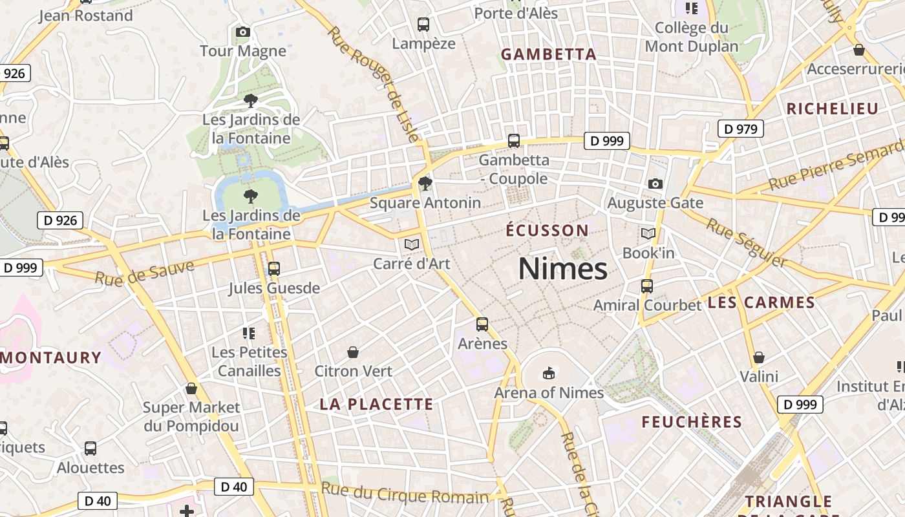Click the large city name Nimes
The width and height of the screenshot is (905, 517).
pos(563,269)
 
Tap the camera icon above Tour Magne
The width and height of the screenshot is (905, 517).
pos(243,32)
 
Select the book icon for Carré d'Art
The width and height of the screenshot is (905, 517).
pos(412,245)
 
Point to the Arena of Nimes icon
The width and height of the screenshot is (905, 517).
pos(549,373)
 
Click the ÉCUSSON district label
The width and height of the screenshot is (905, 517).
pos(547,231)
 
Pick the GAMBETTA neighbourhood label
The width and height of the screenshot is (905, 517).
pos(549,55)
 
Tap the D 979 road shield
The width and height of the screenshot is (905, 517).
pos(740,129)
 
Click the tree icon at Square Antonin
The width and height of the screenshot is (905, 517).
pos(425,184)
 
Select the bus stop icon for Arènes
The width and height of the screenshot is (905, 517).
pos(482,324)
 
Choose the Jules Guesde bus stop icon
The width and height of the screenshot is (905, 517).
pos(274,268)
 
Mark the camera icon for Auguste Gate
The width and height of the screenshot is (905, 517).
pos(655,184)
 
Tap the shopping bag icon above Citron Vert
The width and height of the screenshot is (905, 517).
pos(353,352)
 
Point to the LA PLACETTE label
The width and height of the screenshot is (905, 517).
pos(376,405)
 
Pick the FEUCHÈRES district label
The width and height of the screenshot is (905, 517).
pos(692,423)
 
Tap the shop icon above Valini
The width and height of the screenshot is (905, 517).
pos(759,357)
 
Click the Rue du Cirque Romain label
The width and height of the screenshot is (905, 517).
pos(405,494)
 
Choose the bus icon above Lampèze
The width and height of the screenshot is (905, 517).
pos(423,25)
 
